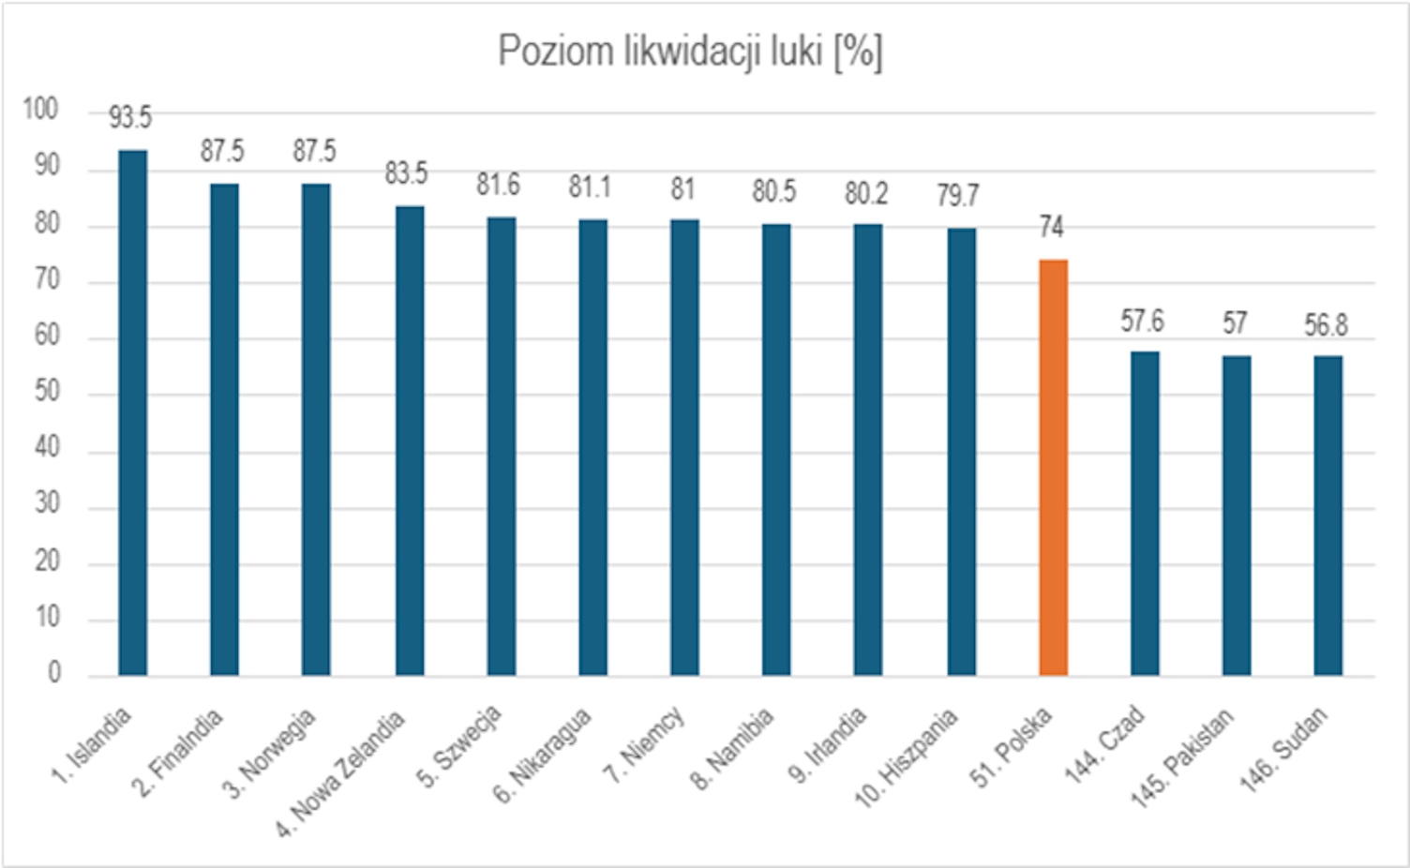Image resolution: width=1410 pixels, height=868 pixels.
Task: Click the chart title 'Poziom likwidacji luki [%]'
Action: pos(689,52)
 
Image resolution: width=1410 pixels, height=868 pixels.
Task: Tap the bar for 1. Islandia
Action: pos(132,412)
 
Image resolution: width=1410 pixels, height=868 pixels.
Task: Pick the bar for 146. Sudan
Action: pos(1327,515)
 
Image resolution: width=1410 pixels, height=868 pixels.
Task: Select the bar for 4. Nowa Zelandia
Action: pos(410,441)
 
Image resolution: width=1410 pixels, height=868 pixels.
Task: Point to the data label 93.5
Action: pos(130,118)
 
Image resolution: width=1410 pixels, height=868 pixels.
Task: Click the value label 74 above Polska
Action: pos(1051,227)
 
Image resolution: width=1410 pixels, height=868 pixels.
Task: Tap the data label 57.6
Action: pos(1142,322)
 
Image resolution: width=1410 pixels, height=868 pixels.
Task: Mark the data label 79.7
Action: pos(957,196)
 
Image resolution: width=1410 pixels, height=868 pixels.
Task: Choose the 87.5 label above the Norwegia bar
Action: pos(314,151)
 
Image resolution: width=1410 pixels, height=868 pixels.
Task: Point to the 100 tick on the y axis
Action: pos(40,110)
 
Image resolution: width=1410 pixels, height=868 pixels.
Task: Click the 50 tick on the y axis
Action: pos(47,391)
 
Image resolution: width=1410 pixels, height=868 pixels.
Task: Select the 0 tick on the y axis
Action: pos(54,672)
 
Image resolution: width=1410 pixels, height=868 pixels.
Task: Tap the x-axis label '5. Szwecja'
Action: pos(460,746)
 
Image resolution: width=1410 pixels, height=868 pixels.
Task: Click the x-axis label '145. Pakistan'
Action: pos(1183,758)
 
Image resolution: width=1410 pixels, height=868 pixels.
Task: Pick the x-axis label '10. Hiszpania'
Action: pos(907,757)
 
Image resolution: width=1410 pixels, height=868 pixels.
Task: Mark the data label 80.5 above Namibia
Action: pos(773,192)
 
